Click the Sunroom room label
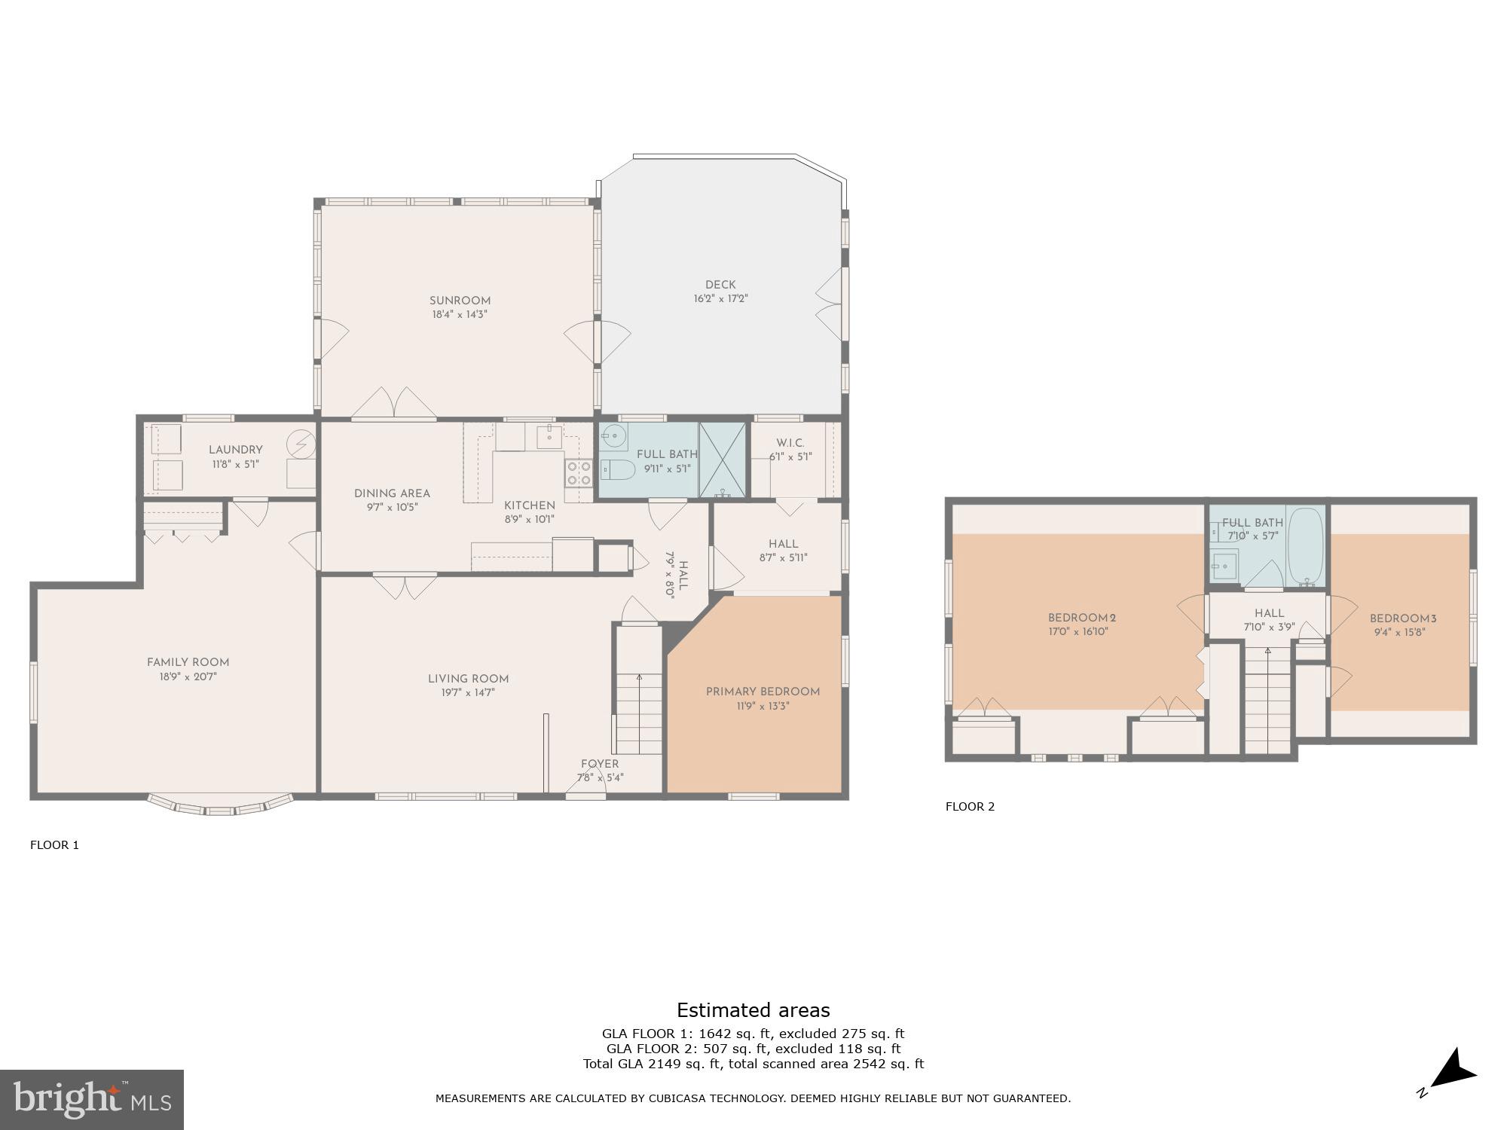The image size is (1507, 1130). tap(460, 301)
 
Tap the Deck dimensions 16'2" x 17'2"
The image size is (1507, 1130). tap(720, 299)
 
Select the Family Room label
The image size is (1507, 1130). tap(188, 662)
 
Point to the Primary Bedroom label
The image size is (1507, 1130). tap(763, 692)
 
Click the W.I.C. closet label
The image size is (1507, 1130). tap(790, 443)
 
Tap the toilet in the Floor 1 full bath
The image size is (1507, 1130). tap(617, 471)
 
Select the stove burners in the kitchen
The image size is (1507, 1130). tap(579, 473)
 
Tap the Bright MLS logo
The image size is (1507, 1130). tap(91, 1099)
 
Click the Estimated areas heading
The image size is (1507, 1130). tap(753, 1010)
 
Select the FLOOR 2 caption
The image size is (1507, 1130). tap(970, 807)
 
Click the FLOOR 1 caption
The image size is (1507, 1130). tap(54, 845)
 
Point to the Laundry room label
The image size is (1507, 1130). tap(235, 450)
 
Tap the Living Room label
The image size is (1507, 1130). tap(468, 678)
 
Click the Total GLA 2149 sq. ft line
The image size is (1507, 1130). tap(753, 1064)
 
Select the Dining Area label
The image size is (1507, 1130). tap(392, 493)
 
